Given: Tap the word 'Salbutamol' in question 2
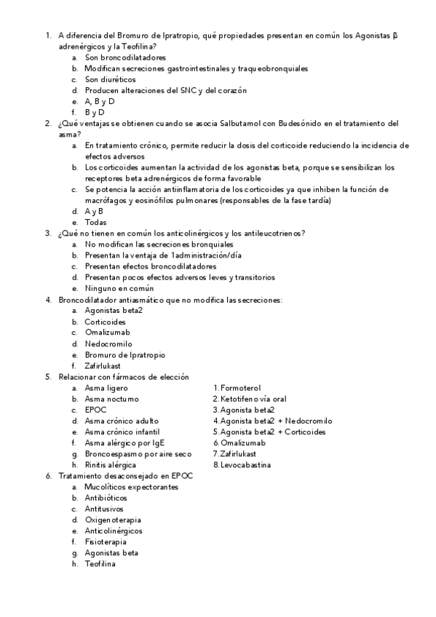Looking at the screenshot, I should click(253, 124).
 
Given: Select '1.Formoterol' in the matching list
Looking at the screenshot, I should click(237, 388).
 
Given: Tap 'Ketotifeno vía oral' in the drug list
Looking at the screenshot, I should click(250, 399).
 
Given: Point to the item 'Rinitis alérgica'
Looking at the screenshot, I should click(110, 464).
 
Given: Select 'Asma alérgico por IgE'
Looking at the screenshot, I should click(124, 442).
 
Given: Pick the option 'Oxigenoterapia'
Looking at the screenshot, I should click(113, 520).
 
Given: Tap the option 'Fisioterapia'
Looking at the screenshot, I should click(106, 541).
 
